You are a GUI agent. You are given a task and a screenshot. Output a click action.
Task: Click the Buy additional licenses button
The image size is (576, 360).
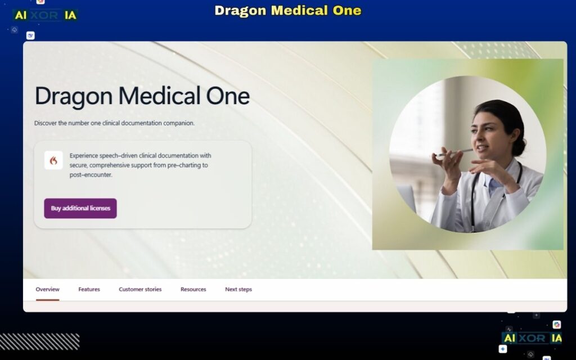[x=80, y=208]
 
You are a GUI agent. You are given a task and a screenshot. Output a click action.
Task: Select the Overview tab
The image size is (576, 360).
[x=47, y=289]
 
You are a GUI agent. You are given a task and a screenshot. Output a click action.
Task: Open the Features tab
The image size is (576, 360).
[x=89, y=289]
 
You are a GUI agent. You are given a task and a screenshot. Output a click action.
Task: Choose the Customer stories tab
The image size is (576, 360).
[x=140, y=289]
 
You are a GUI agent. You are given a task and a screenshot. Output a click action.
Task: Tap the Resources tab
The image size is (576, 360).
[x=193, y=289]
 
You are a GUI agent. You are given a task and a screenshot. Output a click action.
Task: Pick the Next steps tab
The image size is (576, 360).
[x=238, y=289]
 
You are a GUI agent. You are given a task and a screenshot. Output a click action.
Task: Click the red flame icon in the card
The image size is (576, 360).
[x=53, y=160]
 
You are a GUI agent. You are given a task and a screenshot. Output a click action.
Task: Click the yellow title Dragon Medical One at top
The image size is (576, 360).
[x=288, y=11]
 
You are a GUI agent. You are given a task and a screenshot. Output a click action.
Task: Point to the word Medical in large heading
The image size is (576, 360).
[x=151, y=96]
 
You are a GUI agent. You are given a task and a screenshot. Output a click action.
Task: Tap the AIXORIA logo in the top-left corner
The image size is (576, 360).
[x=45, y=16]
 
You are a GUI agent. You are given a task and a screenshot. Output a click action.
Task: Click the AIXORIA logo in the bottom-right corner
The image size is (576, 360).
[x=532, y=338]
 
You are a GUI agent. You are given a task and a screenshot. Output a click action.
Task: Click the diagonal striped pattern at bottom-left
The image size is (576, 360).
[x=39, y=341]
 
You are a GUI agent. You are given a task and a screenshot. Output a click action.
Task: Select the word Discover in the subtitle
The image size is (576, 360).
[x=46, y=123]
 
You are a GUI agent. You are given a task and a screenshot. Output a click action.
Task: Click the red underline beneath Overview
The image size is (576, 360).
[x=47, y=300]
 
